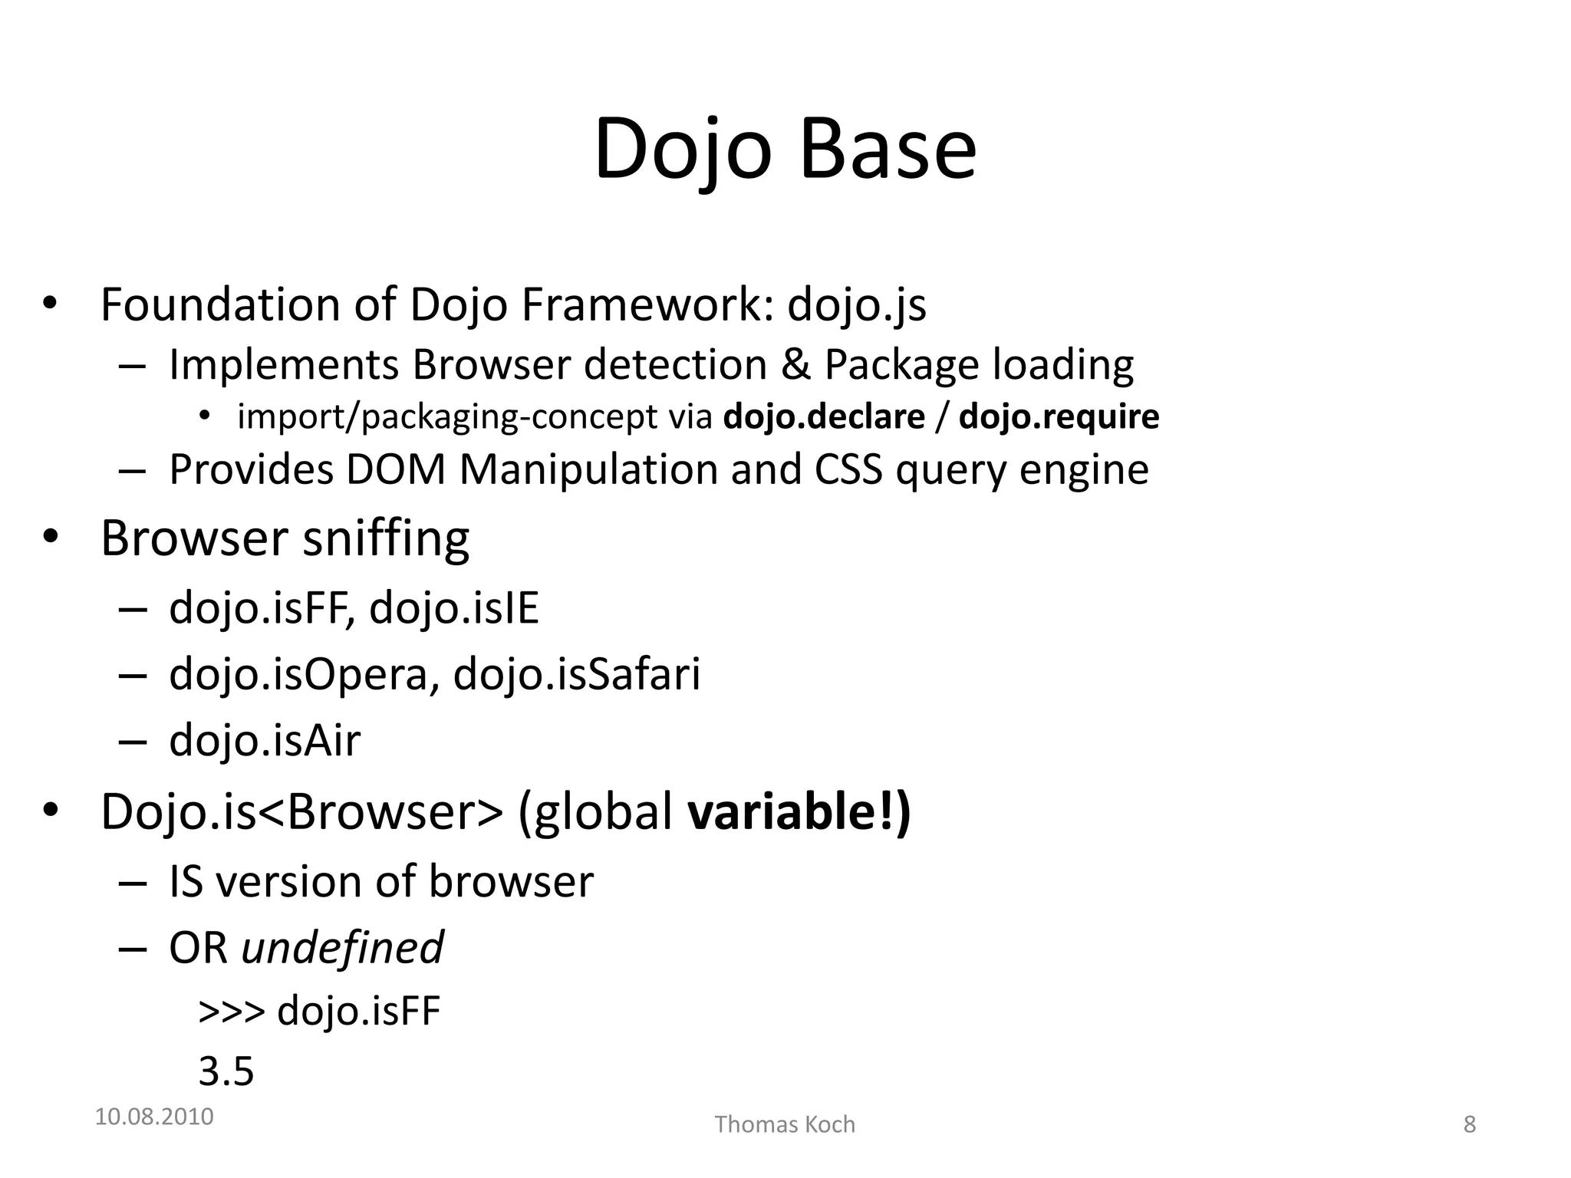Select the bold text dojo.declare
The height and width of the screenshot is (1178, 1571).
click(824, 417)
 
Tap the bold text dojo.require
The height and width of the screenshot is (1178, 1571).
click(1059, 417)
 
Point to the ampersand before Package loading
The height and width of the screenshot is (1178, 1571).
click(795, 365)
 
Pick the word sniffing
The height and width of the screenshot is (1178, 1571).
click(385, 538)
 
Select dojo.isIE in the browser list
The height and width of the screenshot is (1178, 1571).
click(454, 608)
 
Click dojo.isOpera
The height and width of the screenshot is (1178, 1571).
click(298, 675)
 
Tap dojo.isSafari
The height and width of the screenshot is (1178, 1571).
click(577, 675)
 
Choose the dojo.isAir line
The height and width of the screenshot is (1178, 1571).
click(265, 741)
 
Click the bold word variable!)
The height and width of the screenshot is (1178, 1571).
click(799, 811)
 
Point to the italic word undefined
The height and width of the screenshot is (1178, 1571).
click(342, 948)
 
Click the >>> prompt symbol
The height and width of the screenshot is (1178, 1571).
click(231, 1012)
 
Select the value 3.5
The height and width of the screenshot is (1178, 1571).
click(226, 1071)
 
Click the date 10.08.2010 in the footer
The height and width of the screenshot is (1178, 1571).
click(154, 1117)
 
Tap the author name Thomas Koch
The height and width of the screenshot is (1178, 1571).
click(785, 1125)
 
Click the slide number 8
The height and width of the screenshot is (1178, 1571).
click(1469, 1125)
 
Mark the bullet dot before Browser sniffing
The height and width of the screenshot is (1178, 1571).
click(50, 537)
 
